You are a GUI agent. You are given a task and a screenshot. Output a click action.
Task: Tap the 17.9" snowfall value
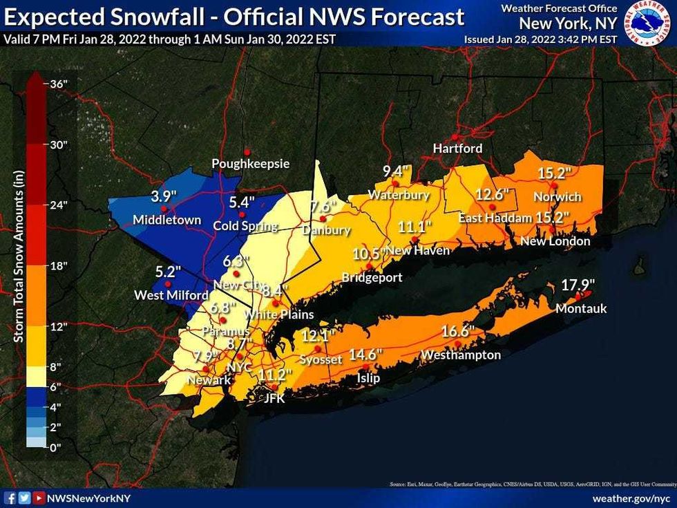point(578,284)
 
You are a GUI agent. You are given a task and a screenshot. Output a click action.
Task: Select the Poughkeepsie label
point(250,164)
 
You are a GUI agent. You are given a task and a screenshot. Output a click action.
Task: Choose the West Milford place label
point(171,296)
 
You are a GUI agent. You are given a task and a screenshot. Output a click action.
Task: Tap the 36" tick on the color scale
point(59,83)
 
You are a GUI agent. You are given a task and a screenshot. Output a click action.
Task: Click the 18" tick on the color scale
point(59,265)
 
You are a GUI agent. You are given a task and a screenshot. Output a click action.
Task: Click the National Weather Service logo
point(648,23)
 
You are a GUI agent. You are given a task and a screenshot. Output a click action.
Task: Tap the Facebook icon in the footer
point(10,498)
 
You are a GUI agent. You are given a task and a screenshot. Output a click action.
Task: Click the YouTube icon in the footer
point(39,498)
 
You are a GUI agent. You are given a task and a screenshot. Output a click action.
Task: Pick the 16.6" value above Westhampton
point(458,332)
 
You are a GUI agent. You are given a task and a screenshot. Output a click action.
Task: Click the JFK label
point(274,398)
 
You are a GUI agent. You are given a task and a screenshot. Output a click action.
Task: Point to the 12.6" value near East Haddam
point(493,195)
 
